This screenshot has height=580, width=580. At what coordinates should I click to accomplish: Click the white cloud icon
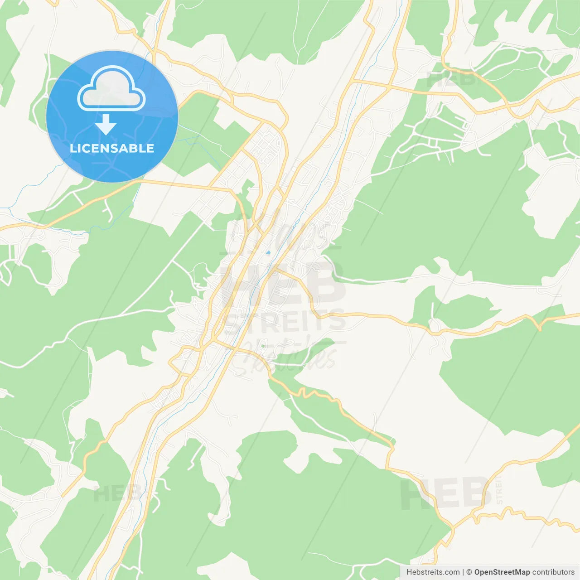[111, 88]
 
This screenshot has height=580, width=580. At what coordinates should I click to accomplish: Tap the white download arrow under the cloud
[106, 125]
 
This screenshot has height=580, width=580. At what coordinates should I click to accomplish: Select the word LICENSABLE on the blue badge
[112, 148]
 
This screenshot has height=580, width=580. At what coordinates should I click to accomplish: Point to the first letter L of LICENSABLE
[72, 148]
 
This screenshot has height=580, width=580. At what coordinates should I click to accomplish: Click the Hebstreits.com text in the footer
[433, 572]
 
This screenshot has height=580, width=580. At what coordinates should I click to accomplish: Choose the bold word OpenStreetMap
[502, 572]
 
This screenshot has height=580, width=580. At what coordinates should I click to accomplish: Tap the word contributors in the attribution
[553, 572]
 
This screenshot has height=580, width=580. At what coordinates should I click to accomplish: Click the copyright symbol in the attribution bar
[469, 572]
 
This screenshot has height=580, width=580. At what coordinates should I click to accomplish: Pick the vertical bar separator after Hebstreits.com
[463, 572]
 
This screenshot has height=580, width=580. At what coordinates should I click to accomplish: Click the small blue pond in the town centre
[268, 252]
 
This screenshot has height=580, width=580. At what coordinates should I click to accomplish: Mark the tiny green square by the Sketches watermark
[262, 347]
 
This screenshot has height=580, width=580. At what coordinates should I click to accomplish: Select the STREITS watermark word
[285, 321]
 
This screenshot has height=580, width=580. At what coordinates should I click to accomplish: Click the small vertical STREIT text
[499, 490]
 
